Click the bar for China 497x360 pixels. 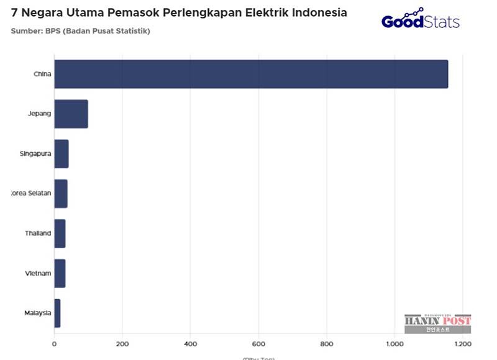[x=251, y=74]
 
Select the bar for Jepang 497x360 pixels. [x=71, y=114]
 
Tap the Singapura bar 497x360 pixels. [x=61, y=153]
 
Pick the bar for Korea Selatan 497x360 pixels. [x=60, y=194]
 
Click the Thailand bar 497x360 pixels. [x=60, y=233]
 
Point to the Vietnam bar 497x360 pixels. [x=60, y=273]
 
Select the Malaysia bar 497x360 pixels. [x=57, y=313]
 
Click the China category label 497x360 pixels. [x=42, y=74]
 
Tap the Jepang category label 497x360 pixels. [x=39, y=114]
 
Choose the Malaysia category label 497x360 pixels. [x=38, y=313]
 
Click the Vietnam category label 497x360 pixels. [x=38, y=273]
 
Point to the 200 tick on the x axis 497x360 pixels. [x=122, y=343]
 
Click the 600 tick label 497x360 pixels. [x=258, y=343]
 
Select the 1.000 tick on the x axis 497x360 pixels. [x=394, y=343]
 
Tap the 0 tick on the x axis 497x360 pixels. [x=54, y=343]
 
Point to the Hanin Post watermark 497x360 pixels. [x=437, y=324]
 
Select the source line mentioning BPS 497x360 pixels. [x=80, y=30]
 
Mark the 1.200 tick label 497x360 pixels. [x=462, y=343]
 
